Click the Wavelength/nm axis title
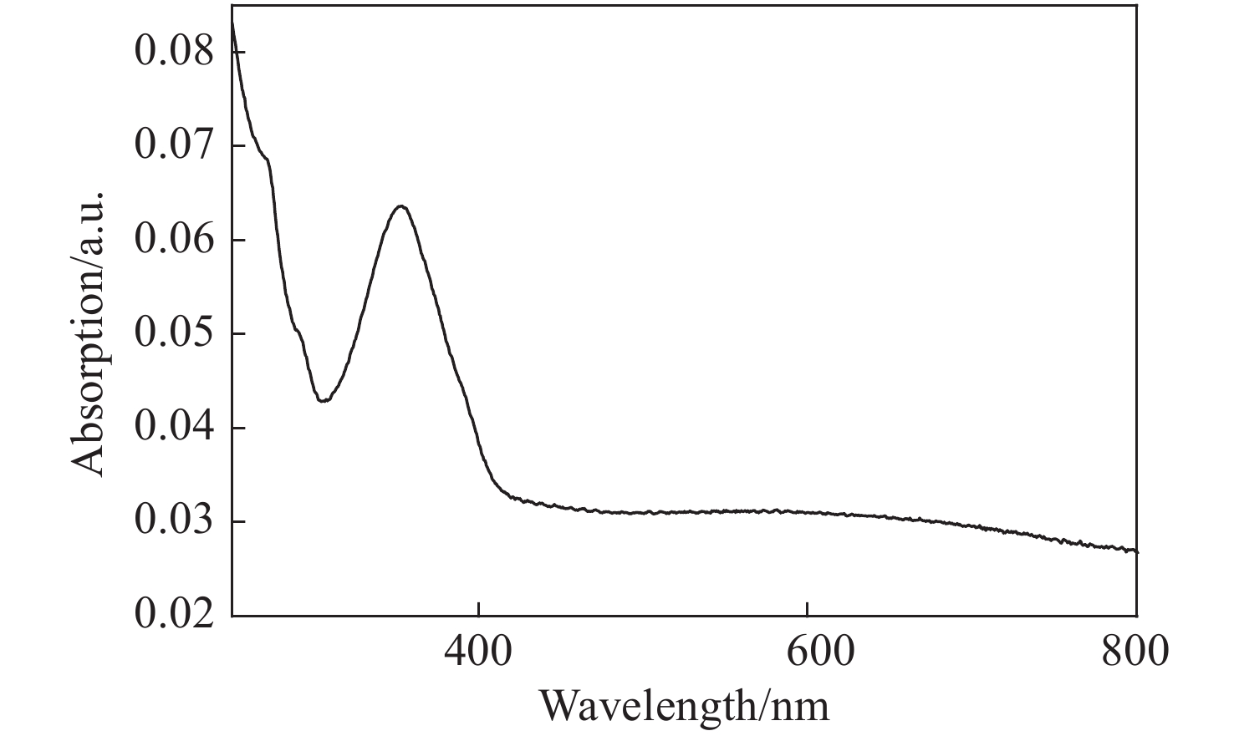684,706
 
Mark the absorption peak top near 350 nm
401,206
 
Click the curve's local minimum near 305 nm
324,401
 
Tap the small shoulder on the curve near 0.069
267,158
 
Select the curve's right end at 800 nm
1137,551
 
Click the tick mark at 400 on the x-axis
477,611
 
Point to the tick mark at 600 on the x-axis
808,611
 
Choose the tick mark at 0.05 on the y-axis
237,334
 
